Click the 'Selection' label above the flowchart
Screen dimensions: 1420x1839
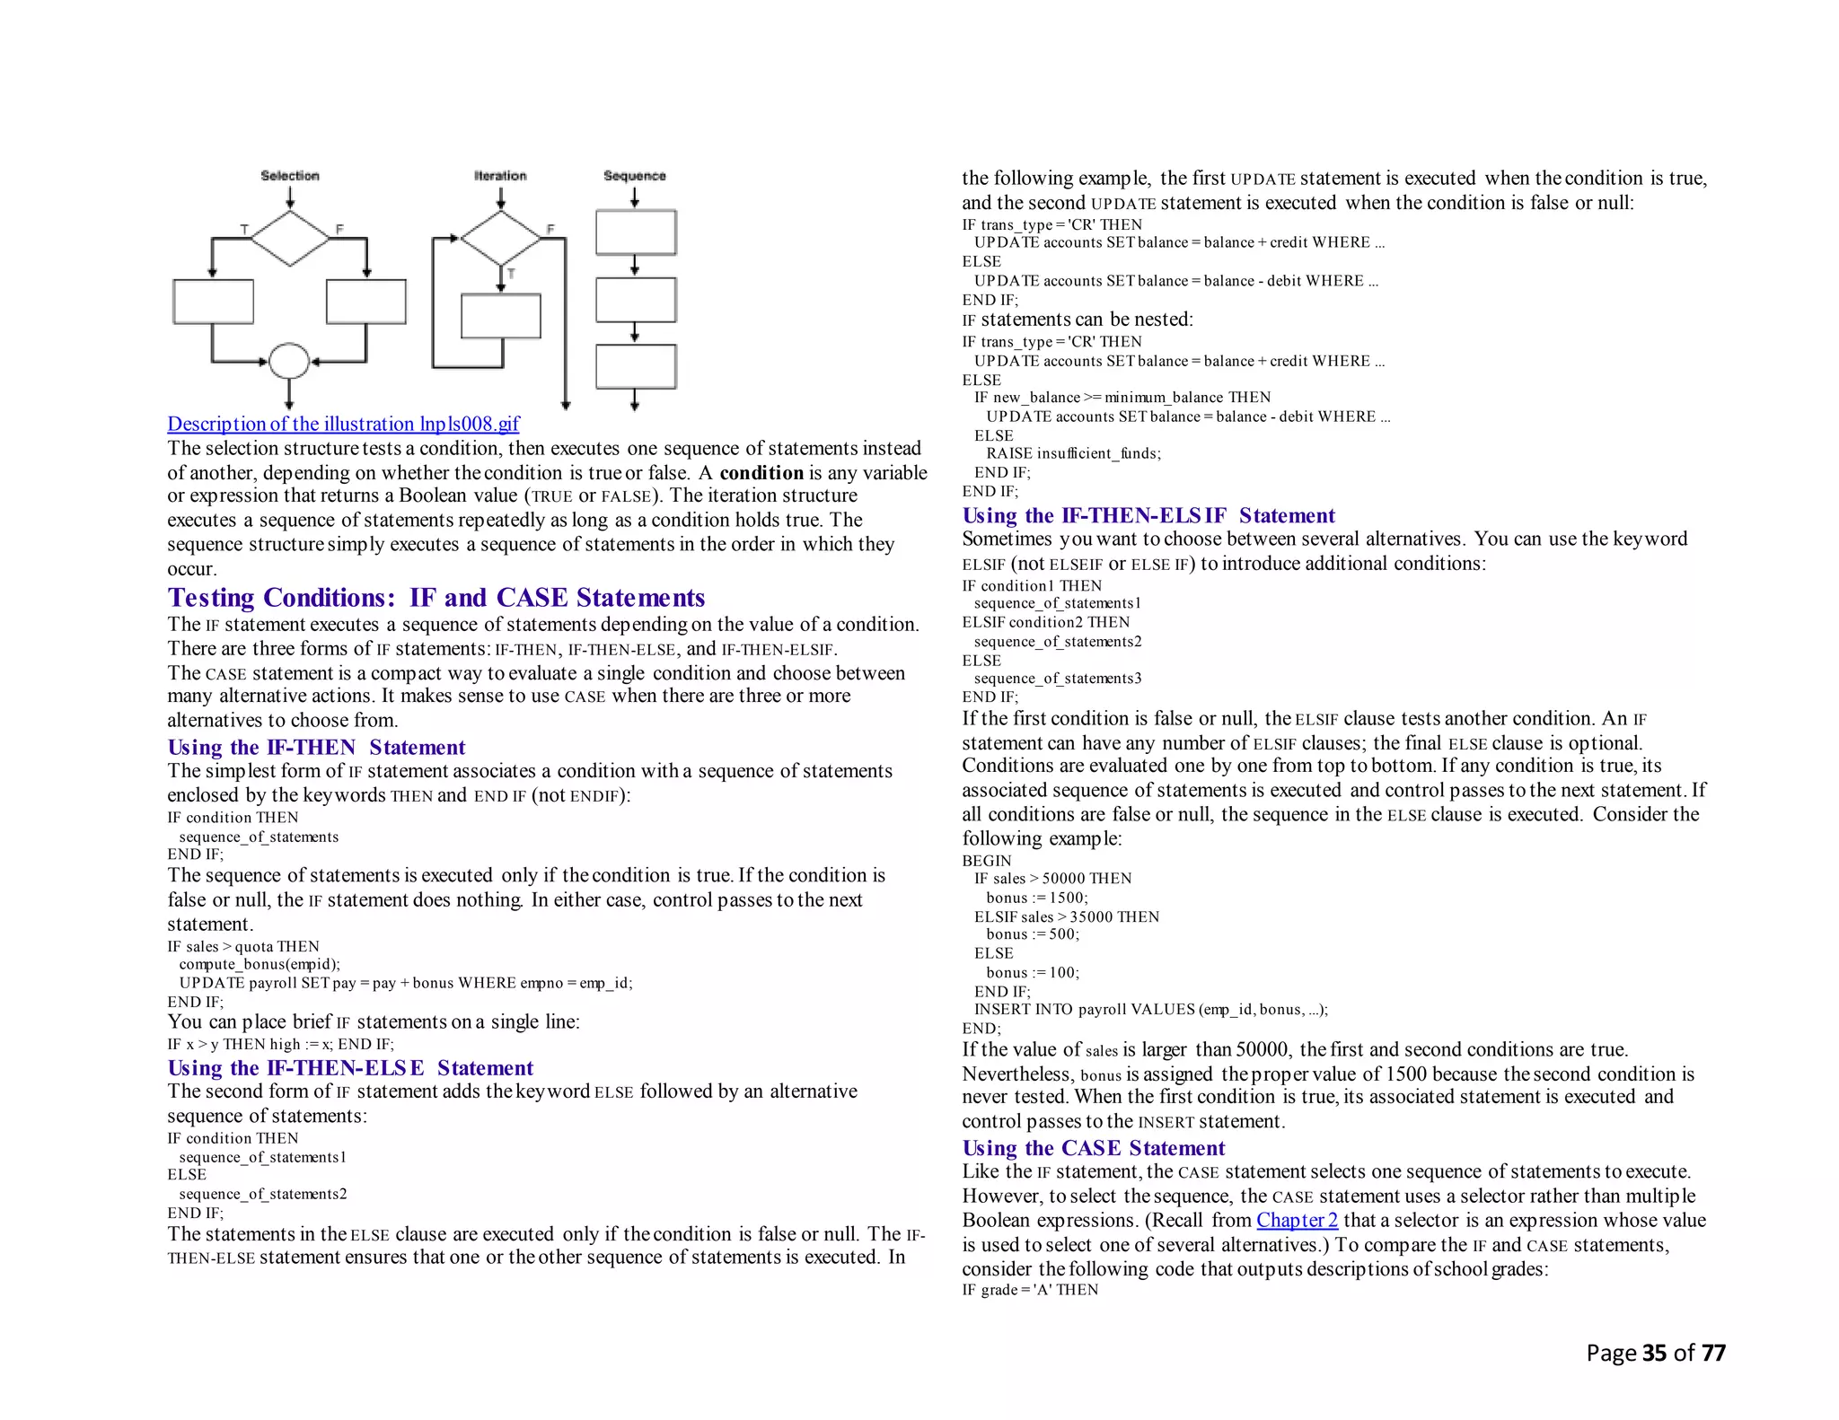[x=289, y=176]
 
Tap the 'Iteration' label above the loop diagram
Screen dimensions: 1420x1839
[x=500, y=176]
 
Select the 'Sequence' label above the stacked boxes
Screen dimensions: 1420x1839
[x=634, y=176]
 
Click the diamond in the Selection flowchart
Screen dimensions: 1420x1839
[x=289, y=239]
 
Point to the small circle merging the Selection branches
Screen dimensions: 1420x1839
[x=289, y=362]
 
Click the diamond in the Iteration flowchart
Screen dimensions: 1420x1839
[x=500, y=238]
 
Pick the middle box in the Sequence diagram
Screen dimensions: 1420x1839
[x=636, y=300]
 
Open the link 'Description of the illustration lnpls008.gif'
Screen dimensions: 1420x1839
[x=343, y=424]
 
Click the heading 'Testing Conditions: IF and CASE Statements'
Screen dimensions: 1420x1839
[x=436, y=598]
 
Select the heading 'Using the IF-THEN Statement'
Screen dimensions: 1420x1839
[x=316, y=748]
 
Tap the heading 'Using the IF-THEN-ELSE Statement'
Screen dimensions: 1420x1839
[x=350, y=1068]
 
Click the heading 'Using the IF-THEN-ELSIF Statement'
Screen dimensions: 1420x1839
[x=1148, y=516]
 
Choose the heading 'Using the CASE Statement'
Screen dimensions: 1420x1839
[x=1093, y=1149]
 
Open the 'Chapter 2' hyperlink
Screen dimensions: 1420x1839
[x=1297, y=1221]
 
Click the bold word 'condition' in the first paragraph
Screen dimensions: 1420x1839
[x=761, y=473]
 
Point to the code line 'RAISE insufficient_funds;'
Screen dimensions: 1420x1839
[x=1073, y=454]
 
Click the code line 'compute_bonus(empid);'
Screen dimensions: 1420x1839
[x=260, y=965]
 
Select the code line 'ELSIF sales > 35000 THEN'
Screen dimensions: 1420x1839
[x=1066, y=917]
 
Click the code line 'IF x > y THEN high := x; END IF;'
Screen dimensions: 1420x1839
[x=280, y=1045]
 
